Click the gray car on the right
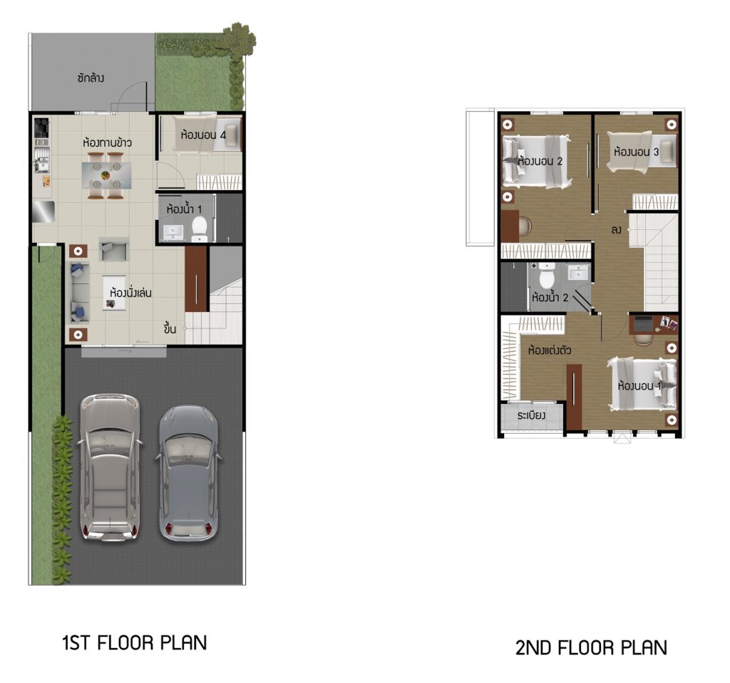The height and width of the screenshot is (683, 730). click(x=188, y=473)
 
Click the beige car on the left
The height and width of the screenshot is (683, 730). click(x=109, y=467)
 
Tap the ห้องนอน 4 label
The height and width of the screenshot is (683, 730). click(x=203, y=135)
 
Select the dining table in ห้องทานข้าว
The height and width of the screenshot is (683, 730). click(x=106, y=175)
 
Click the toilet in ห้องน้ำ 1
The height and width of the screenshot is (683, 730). click(x=200, y=229)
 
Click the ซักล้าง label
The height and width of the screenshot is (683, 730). click(x=91, y=78)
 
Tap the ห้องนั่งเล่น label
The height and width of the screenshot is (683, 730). click(x=131, y=293)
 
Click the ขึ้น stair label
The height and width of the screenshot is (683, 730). click(x=170, y=328)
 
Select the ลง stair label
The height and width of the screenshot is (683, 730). click(x=616, y=229)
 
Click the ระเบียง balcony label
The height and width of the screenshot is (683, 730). click(x=531, y=415)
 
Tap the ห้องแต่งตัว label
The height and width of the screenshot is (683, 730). click(x=550, y=350)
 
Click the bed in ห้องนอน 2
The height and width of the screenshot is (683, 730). click(x=537, y=162)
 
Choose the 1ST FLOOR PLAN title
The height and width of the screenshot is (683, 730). click(x=135, y=642)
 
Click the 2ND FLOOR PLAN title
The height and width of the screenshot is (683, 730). click(x=591, y=647)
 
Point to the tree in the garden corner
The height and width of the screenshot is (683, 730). click(x=239, y=40)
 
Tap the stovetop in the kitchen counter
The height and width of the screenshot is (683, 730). click(x=41, y=127)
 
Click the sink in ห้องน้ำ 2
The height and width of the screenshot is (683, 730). click(x=577, y=272)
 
